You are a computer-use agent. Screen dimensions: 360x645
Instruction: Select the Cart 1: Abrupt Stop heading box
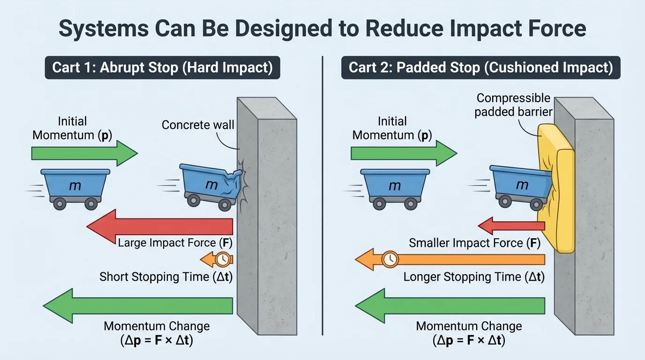click(162, 67)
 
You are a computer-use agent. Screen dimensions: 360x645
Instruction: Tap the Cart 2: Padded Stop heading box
click(480, 67)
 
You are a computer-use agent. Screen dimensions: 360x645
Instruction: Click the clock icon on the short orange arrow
click(224, 259)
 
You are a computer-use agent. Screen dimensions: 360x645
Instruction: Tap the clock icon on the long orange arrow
click(390, 259)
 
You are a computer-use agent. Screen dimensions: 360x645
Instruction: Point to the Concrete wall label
click(197, 125)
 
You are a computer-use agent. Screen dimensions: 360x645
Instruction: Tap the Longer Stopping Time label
click(474, 277)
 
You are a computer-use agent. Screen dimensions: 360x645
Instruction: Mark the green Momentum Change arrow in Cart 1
click(138, 306)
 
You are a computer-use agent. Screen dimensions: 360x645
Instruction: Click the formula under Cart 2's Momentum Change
click(469, 341)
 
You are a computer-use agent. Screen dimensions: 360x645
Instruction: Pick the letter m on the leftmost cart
click(75, 185)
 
